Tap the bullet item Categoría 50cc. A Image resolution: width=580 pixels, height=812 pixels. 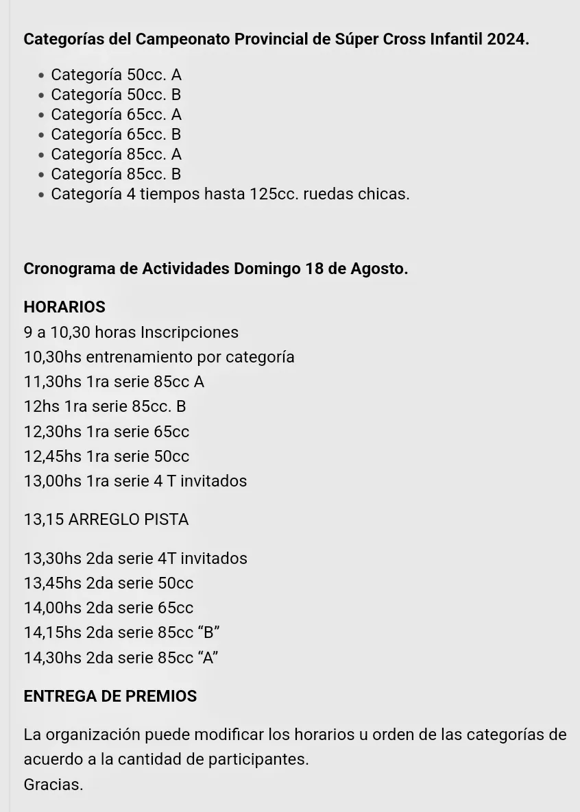(116, 75)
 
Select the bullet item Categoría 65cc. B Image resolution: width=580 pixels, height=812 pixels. (116, 134)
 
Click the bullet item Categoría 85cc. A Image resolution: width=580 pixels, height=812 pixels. (116, 154)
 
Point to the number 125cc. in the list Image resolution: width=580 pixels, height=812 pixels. (273, 194)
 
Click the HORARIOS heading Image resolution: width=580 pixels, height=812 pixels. (64, 307)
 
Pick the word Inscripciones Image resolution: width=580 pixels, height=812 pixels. (189, 332)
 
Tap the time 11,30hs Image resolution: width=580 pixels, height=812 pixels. (52, 382)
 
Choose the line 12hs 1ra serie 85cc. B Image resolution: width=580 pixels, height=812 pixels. (105, 406)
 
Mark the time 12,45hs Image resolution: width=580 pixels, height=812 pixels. (52, 456)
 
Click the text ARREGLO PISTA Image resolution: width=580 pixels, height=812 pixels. (128, 519)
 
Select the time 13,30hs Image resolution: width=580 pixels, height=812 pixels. (52, 558)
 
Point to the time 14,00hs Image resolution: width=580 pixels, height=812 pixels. (52, 608)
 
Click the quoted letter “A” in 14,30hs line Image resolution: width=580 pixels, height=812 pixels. (208, 658)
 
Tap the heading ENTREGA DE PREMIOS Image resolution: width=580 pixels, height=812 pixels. (110, 696)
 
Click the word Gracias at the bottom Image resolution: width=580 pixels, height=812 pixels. (53, 785)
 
